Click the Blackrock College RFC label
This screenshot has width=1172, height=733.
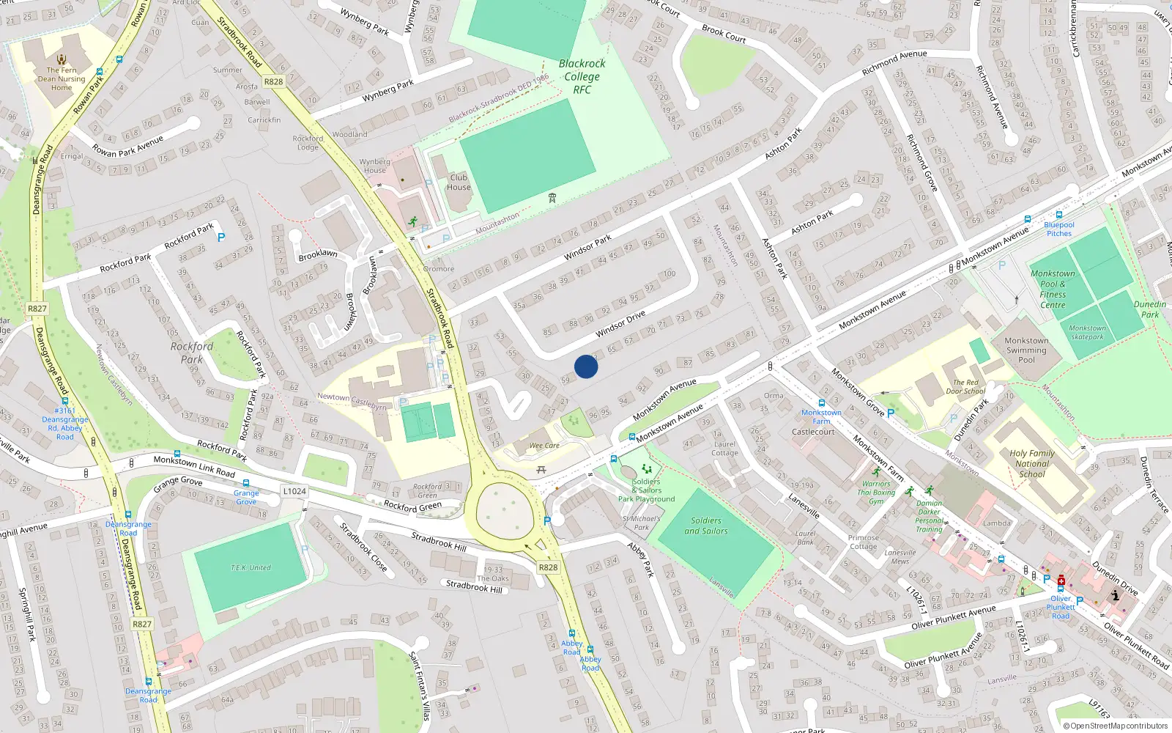(582, 76)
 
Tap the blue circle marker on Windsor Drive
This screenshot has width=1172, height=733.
(586, 366)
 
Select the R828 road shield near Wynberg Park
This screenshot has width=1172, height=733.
(273, 81)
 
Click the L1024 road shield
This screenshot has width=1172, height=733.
(294, 491)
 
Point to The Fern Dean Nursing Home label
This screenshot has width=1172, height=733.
(62, 78)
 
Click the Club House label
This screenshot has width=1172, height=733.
(459, 182)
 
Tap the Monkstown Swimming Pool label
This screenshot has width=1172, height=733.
(1026, 350)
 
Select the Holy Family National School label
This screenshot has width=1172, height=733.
(1032, 463)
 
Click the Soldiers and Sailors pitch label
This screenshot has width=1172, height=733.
(706, 526)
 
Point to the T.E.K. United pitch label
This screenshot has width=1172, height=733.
(251, 567)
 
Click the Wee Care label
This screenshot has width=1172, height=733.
(544, 445)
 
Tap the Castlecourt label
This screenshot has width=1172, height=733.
(813, 432)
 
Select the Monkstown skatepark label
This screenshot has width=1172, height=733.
(1087, 332)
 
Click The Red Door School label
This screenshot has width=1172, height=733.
(965, 386)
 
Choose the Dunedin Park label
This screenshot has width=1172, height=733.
(1150, 309)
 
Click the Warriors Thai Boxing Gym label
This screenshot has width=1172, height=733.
(876, 493)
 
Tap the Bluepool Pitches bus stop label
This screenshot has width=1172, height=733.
(1059, 229)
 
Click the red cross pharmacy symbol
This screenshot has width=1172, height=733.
(1061, 581)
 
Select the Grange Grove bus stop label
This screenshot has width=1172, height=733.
(246, 497)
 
